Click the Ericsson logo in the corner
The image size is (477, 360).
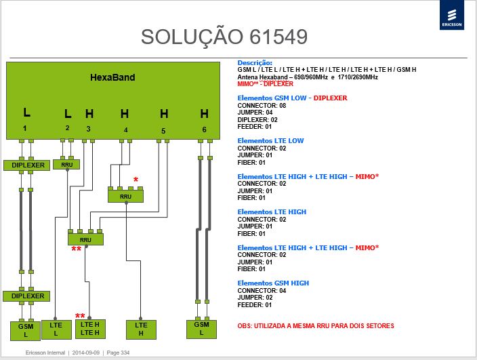pos(452,15)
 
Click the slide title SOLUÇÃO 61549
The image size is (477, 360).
pos(224,37)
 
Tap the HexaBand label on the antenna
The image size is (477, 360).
pos(112,77)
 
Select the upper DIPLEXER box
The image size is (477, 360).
pos(27,165)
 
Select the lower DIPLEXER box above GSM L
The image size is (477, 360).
pos(26,296)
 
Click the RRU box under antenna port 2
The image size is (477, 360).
pos(66,165)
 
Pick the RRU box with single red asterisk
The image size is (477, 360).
pos(125,197)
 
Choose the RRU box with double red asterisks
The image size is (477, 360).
pos(85,239)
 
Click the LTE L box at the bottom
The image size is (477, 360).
pos(56,329)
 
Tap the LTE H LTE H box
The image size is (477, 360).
pos(90,329)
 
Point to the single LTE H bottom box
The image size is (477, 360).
pos(141,329)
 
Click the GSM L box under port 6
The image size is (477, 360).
pos(201,329)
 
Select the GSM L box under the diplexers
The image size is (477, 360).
pos(25,331)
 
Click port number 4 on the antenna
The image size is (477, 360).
pos(125,130)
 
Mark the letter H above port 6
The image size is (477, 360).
pos(205,114)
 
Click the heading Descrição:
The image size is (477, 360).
pos(255,62)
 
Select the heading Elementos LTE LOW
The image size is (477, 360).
pos(270,140)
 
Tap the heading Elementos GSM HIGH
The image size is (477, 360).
pos(273,283)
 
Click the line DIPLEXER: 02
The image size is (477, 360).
pos(257,119)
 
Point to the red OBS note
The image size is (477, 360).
pos(316,326)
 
